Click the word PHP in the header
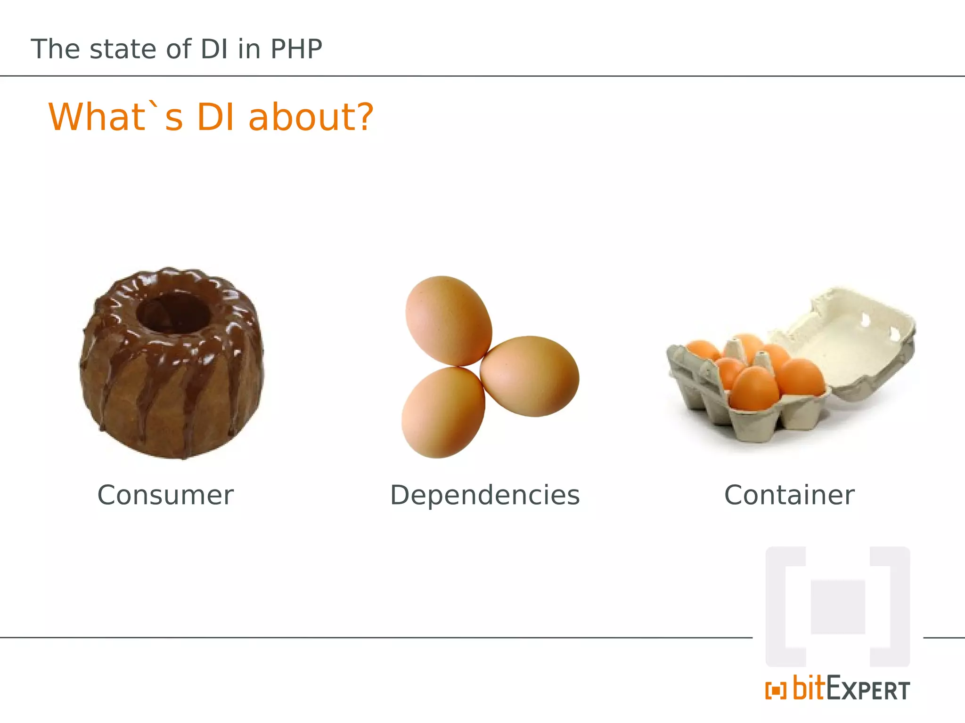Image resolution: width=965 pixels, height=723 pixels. click(x=296, y=49)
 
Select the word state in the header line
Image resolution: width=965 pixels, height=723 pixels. click(x=123, y=49)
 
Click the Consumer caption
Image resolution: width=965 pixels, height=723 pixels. click(x=165, y=495)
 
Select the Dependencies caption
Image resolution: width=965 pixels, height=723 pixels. click(x=485, y=495)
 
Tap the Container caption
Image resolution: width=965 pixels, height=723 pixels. click(x=789, y=495)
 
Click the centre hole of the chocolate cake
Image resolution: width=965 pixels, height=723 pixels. click(x=173, y=313)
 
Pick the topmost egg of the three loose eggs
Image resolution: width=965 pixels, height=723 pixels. click(x=448, y=321)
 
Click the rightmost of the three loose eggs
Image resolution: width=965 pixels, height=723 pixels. click(x=530, y=376)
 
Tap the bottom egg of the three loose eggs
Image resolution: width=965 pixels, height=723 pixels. click(x=442, y=413)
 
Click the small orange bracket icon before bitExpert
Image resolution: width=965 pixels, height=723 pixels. click(x=776, y=691)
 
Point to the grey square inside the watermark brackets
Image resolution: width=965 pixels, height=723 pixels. click(x=838, y=607)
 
